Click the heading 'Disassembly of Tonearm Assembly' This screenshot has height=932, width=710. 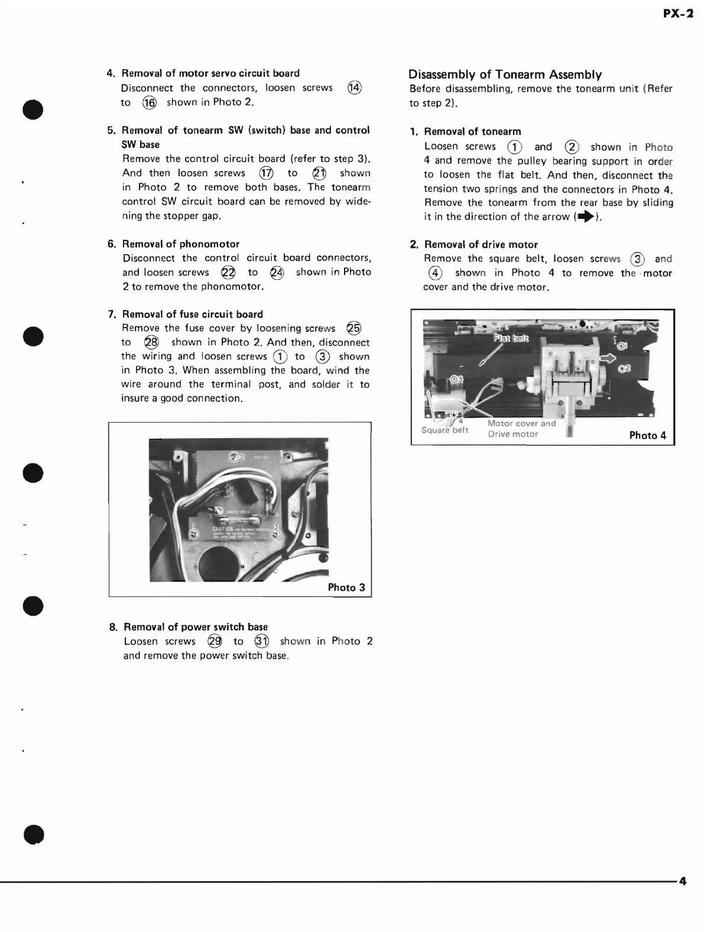[505, 75]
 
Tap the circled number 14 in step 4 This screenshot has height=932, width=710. [354, 88]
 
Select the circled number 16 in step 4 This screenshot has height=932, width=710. [149, 102]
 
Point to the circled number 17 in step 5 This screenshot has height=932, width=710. [266, 173]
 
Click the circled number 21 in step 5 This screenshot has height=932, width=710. [319, 173]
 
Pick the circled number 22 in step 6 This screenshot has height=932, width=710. [228, 273]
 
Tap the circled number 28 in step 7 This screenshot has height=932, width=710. [151, 342]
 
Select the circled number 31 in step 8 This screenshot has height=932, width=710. [261, 642]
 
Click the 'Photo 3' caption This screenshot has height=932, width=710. [346, 587]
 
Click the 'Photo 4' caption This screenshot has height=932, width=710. [647, 435]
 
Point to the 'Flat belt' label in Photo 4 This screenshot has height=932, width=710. [511, 339]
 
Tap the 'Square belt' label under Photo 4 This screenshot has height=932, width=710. [445, 430]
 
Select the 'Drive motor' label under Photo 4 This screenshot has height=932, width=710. [513, 434]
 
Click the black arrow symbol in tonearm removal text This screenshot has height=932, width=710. [585, 217]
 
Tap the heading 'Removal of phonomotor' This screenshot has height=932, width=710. [180, 244]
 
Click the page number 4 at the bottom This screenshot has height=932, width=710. [683, 881]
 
